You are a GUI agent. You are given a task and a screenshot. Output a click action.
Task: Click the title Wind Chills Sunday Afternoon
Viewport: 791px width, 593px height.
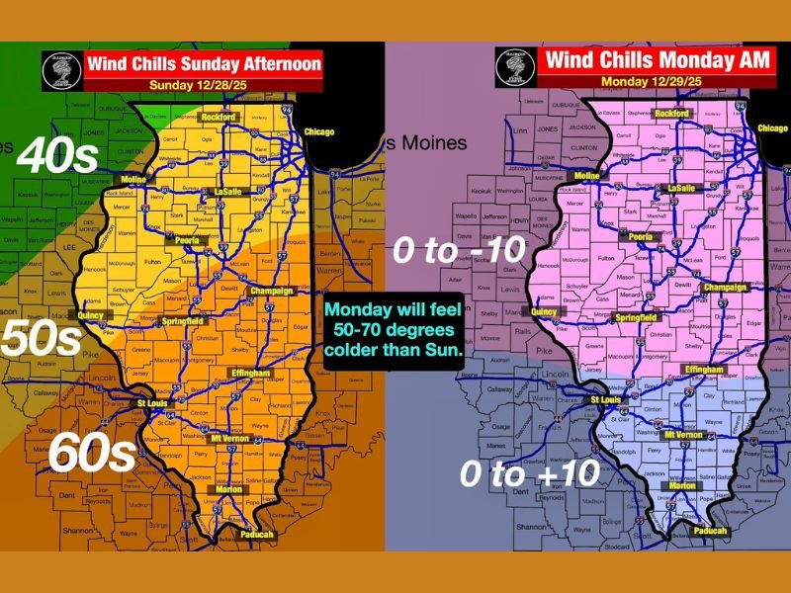point(203,65)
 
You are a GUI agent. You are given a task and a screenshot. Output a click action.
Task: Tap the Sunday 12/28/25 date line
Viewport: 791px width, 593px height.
point(203,85)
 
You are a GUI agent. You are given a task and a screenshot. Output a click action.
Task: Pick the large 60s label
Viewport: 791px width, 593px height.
point(91,454)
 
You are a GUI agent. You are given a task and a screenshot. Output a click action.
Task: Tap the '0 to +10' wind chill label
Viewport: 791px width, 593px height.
point(530,473)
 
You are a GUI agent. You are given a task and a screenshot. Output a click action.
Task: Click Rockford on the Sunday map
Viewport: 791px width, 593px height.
point(220,117)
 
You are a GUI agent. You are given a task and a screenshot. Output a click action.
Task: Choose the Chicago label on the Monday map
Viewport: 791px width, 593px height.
point(772,127)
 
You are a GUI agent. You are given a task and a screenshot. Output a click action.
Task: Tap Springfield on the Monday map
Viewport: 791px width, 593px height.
point(636,317)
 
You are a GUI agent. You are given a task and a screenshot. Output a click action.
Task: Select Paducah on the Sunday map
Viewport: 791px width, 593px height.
point(255,535)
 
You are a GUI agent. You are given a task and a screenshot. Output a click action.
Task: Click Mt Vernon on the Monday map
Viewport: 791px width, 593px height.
point(682,435)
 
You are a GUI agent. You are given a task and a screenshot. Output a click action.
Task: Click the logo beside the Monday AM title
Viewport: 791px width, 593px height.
point(514,66)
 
